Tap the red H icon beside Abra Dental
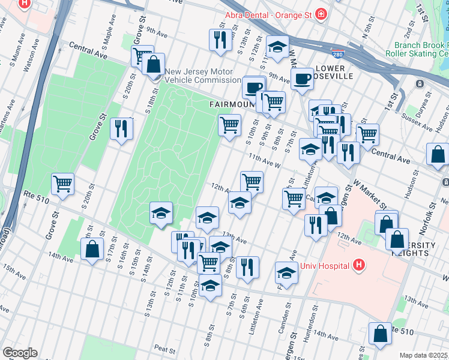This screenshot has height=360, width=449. pos(322,14)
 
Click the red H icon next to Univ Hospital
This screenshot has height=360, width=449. pos(359,265)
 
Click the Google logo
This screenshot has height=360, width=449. pos(20,353)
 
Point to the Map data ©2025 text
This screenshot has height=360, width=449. pos(424,355)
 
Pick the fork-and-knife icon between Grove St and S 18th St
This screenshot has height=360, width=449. pos(121,128)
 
